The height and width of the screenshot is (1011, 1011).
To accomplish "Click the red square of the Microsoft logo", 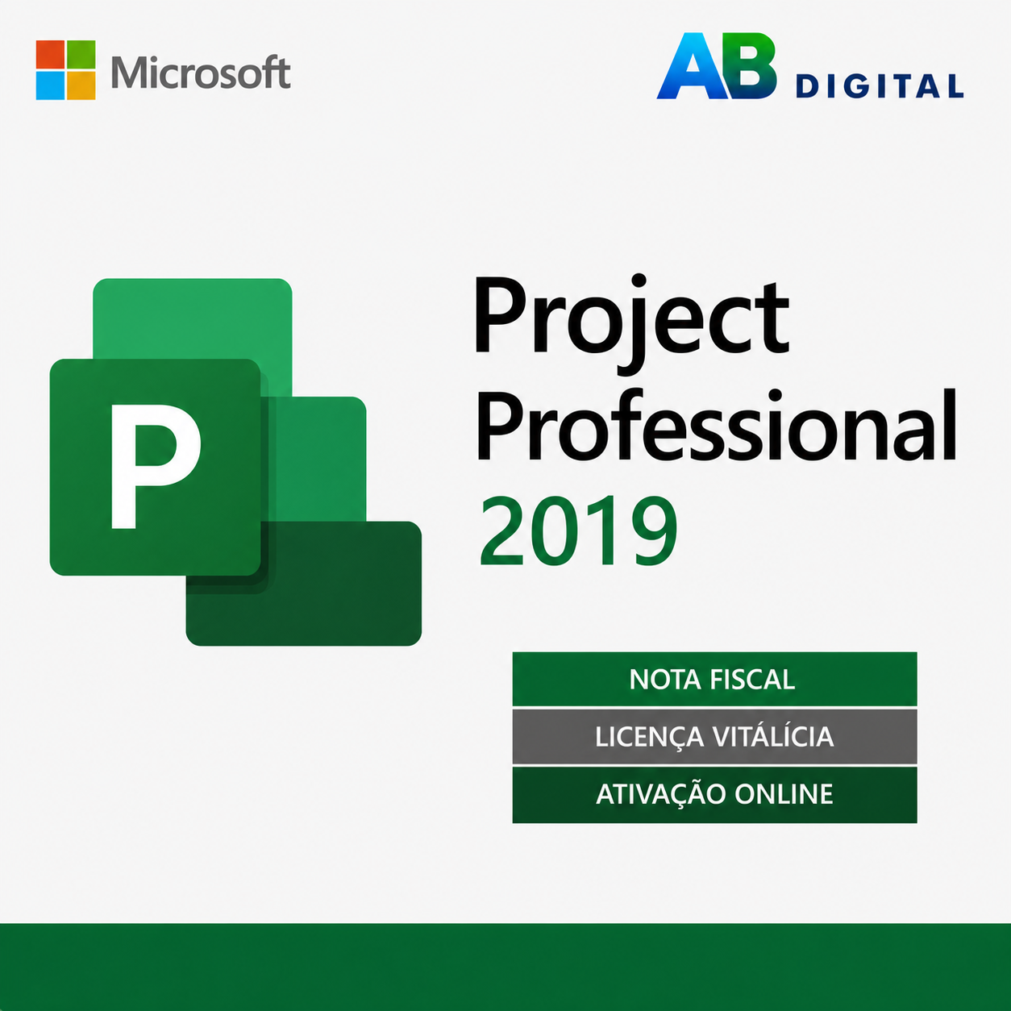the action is [x=50, y=55].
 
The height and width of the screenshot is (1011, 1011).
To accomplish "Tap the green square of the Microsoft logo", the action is [x=81, y=55].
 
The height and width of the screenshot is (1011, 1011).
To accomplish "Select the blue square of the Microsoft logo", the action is [x=50, y=85].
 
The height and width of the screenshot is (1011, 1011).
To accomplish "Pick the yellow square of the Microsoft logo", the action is [x=81, y=85].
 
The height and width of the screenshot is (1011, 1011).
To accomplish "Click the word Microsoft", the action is [x=201, y=72].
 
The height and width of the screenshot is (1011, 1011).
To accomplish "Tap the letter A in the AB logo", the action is [x=690, y=65].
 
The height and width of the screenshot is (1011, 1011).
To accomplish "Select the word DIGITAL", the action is [x=880, y=86].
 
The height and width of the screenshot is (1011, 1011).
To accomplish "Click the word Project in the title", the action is [x=631, y=324].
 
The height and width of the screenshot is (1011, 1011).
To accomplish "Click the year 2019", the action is [x=578, y=531].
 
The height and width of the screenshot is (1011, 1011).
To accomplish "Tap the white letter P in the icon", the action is [x=156, y=466].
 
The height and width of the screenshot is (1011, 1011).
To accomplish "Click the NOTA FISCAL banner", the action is [x=714, y=679].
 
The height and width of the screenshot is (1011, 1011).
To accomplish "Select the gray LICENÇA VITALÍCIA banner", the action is [x=714, y=737].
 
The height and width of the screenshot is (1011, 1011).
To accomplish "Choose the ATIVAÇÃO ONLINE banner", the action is [x=714, y=795].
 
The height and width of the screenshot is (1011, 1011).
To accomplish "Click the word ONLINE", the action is [x=784, y=794].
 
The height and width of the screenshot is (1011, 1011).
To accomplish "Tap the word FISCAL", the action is [x=752, y=680].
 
